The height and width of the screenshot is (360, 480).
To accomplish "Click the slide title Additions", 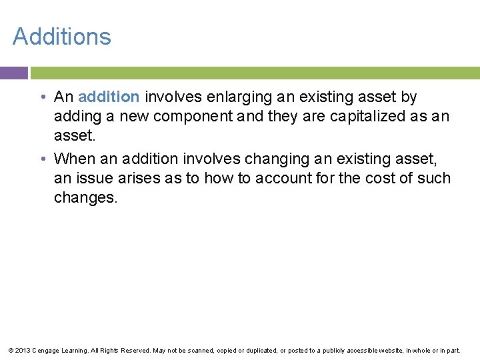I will point(62,36).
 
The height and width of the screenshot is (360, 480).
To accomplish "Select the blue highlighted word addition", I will point(109,97).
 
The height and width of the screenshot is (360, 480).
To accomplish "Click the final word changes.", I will point(85,198).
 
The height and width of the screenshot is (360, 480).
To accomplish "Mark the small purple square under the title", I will point(13,73).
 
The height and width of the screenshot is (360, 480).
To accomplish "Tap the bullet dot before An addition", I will point(42,97).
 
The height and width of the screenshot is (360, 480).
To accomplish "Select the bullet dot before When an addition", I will point(42,159).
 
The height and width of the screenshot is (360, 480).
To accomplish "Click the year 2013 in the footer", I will point(21,350).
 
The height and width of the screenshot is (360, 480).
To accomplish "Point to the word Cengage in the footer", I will point(45,350).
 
